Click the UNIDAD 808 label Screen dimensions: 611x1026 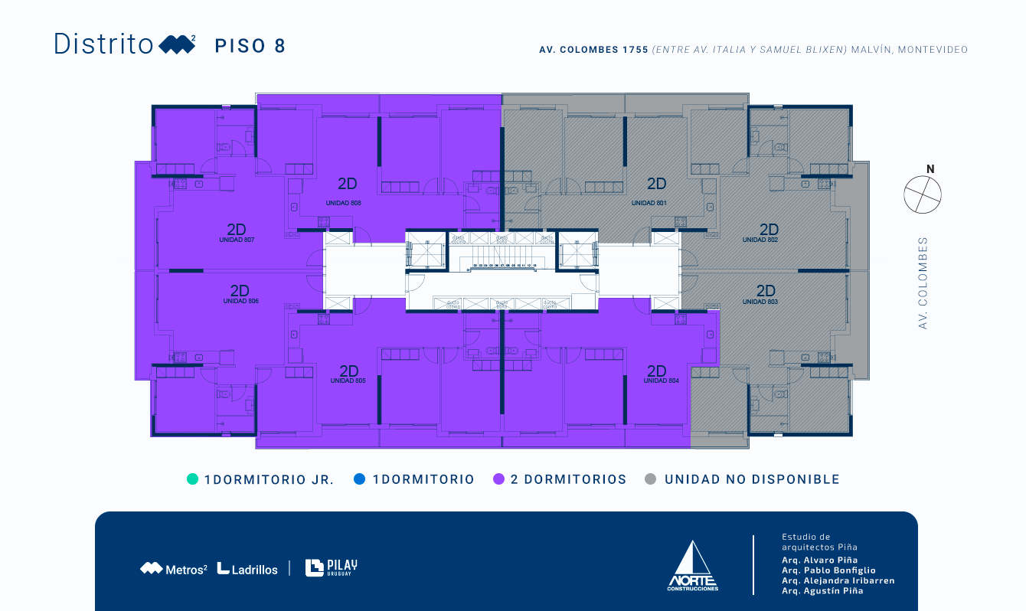click(343, 203)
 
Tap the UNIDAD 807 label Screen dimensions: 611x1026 click(237, 240)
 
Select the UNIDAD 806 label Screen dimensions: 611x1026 click(240, 301)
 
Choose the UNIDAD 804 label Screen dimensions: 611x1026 click(661, 381)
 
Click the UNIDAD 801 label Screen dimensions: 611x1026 click(649, 203)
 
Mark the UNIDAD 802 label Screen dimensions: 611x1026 click(760, 240)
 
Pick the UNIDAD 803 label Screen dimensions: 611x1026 click(760, 302)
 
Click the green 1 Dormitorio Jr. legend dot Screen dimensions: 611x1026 click(192, 479)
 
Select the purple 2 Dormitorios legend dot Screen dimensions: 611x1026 click(498, 479)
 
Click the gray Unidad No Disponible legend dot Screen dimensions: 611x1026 click(651, 479)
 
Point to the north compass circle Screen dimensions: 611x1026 click(923, 194)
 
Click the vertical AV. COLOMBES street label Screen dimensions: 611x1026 click(923, 283)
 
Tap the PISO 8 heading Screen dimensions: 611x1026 click(250, 46)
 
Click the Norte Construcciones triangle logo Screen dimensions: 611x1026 click(692, 566)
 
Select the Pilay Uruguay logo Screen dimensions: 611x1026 click(331, 567)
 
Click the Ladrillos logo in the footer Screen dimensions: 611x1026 click(247, 569)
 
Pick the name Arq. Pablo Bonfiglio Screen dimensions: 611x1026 click(828, 570)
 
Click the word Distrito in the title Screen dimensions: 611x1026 click(103, 44)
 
